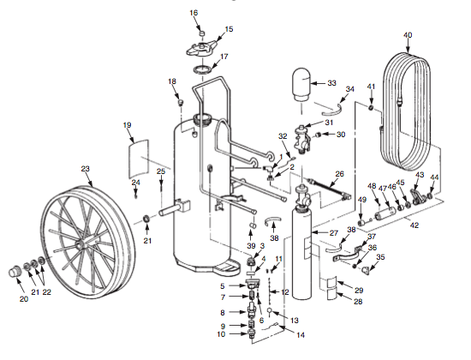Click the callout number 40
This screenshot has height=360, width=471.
click(x=407, y=35)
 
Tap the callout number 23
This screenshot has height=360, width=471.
click(x=85, y=169)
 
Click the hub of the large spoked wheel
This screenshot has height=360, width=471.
click(x=84, y=243)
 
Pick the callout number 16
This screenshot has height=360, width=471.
click(x=193, y=13)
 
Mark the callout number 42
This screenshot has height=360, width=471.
click(x=415, y=225)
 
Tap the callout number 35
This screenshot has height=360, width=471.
click(x=381, y=257)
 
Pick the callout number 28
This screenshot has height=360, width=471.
click(x=358, y=301)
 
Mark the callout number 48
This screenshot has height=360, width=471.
click(x=372, y=186)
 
